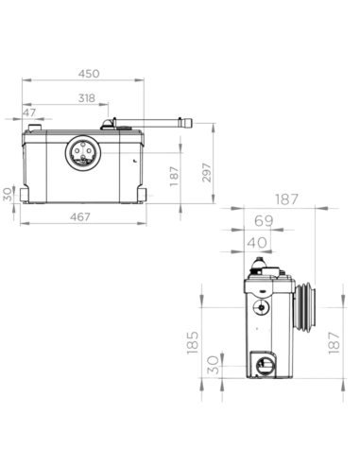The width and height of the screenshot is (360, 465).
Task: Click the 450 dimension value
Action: point(89,74)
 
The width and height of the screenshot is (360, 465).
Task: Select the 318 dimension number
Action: point(87,98)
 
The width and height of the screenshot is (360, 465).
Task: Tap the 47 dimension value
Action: point(29,112)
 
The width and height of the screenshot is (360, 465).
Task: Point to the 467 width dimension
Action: point(80,216)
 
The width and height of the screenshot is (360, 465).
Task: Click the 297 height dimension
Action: point(207,172)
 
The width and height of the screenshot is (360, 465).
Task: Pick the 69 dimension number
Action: point(264,221)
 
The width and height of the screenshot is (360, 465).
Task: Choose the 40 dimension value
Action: point(257,243)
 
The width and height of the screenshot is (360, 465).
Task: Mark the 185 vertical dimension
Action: point(193,342)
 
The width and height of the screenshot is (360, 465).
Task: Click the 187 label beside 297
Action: point(174,177)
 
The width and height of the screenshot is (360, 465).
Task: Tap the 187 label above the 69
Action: point(286,199)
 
